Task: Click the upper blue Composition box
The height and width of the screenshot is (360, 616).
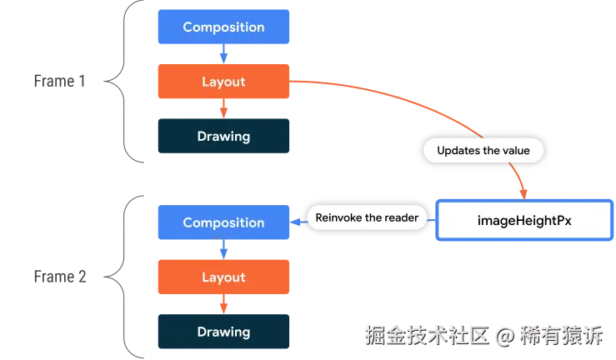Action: (x=223, y=27)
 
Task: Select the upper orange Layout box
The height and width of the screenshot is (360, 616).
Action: (x=223, y=82)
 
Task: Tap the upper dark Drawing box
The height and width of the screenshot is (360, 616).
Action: (x=223, y=136)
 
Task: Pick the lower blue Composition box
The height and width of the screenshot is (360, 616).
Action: (x=223, y=222)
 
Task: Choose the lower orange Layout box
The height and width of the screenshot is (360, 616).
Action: (x=223, y=277)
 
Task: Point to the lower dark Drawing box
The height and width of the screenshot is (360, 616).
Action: (x=223, y=332)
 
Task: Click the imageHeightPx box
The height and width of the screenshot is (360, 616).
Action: (x=523, y=222)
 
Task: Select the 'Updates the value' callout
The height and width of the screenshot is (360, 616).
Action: (x=483, y=151)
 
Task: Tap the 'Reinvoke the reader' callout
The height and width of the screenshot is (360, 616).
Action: (x=368, y=217)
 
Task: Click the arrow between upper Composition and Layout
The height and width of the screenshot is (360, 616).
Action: (x=223, y=55)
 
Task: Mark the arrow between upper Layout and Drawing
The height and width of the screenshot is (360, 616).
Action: (x=223, y=109)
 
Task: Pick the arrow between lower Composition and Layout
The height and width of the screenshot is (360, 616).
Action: (x=223, y=250)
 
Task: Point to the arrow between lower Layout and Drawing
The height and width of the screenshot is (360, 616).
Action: (x=223, y=305)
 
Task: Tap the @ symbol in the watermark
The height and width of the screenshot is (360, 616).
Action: (x=503, y=336)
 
